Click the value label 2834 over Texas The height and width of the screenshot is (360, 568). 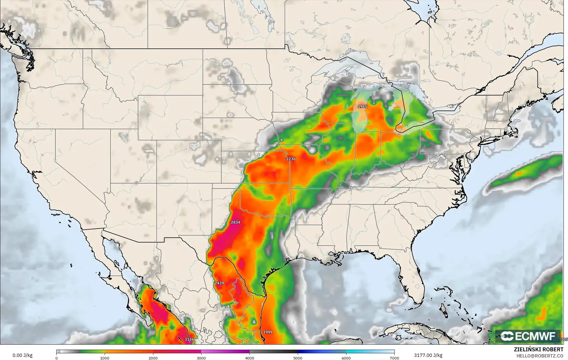235,222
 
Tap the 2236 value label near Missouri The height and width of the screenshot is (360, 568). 291,159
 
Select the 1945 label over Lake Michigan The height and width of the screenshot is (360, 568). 362,107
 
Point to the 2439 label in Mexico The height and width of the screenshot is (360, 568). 219,283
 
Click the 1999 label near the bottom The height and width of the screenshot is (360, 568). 268,332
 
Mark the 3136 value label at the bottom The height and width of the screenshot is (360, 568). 189,339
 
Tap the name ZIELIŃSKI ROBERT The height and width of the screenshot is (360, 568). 538,350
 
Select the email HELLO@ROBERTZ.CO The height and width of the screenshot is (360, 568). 539,356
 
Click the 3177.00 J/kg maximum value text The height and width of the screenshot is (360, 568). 428,356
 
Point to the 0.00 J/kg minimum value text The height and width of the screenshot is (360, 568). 22,356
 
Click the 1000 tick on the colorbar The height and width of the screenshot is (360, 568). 105,358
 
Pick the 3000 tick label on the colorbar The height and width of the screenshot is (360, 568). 201,358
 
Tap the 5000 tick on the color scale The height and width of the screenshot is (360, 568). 298,358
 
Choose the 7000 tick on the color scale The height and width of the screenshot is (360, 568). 394,358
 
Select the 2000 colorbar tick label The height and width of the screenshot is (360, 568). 153,358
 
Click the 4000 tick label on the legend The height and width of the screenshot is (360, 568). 250,358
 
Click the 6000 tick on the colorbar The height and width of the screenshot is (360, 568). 346,358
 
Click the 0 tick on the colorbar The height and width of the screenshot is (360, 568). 57,358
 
